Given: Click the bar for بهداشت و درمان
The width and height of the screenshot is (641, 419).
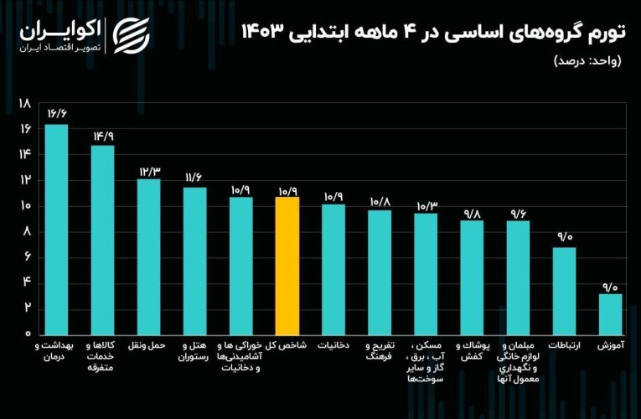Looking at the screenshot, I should pos(56,228).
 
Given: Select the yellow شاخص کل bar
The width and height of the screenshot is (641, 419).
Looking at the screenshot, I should pos(287,265).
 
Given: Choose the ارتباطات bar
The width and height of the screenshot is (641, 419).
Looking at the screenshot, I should pos(564,290).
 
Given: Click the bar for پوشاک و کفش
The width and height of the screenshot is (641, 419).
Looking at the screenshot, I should pos(472,277).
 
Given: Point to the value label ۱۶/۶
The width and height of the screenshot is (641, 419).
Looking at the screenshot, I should pos(57,114).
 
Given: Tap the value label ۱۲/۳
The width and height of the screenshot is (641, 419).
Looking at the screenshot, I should pos(148,170).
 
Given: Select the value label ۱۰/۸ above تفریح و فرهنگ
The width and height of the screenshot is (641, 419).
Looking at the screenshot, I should pos(380,201).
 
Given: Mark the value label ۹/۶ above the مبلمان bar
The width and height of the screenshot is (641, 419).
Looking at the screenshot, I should pos(518,212).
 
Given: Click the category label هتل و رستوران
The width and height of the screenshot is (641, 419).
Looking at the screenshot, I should pos(194,351).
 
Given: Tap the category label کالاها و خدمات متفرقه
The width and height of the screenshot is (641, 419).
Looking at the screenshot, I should pos(102,356).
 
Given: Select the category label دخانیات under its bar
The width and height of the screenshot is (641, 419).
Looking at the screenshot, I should pos(333,345).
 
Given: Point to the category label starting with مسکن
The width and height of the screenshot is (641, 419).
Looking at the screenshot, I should pos(426,362).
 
